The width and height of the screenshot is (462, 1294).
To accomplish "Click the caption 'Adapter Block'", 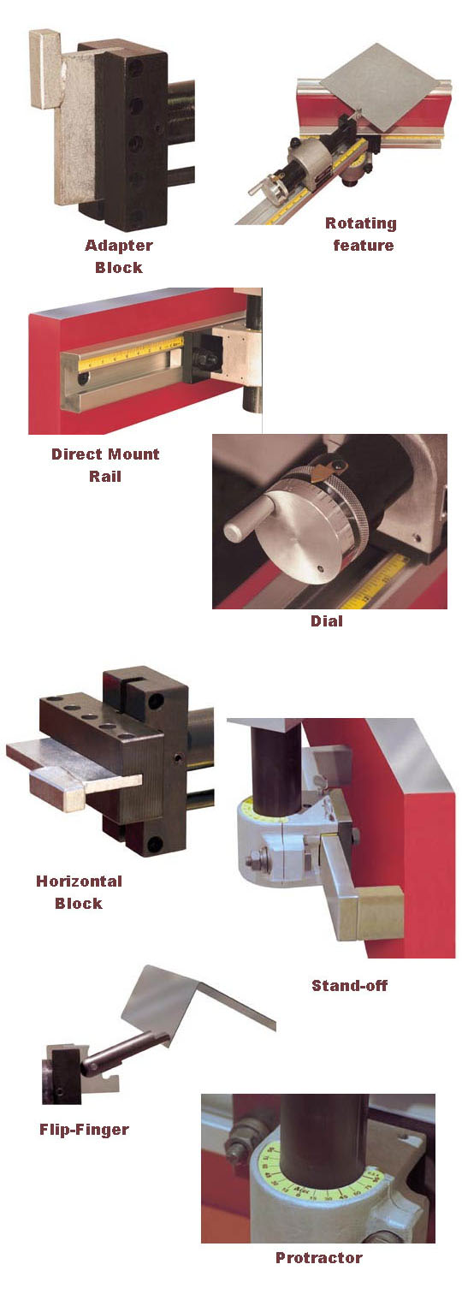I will point(118,256).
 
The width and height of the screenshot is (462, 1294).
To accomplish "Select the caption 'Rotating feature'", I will point(360,234).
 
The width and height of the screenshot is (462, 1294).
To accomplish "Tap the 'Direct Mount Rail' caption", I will point(105,465).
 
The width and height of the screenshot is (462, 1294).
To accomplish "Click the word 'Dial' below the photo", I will point(326,620).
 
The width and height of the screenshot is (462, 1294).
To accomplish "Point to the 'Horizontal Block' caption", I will point(79,892).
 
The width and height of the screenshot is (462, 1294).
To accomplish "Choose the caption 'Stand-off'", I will point(349,985).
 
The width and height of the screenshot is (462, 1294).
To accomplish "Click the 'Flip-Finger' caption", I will point(84,1129).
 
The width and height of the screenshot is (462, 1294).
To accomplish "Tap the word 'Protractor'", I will point(318,1257).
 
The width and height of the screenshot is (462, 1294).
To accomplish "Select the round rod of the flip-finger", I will point(120,1052).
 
